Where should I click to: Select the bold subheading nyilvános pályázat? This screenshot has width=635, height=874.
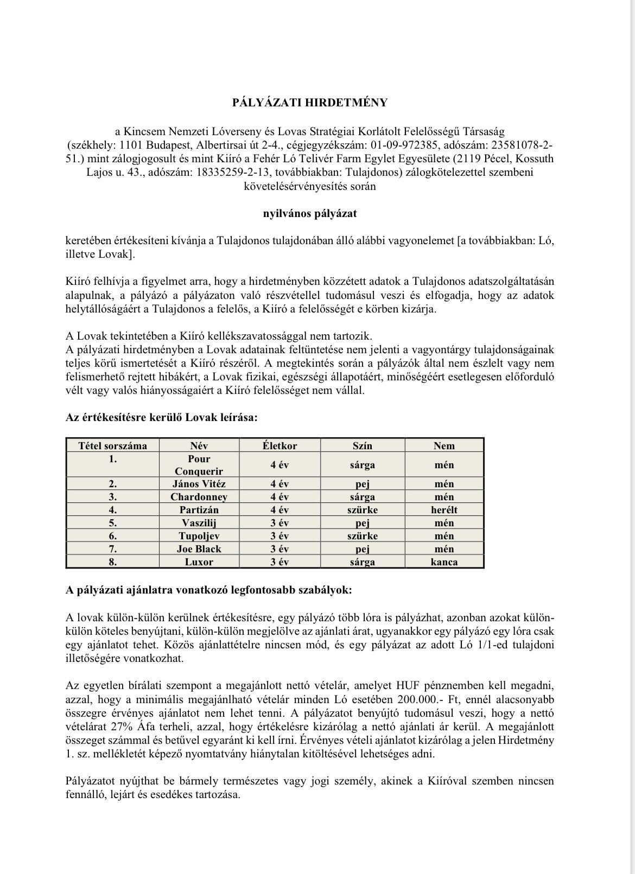click(310, 213)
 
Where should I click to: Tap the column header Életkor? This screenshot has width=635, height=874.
click(280, 446)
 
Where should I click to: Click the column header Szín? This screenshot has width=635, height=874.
click(362, 446)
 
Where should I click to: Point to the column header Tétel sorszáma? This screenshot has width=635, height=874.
click(113, 446)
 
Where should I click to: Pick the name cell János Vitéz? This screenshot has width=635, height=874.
click(199, 483)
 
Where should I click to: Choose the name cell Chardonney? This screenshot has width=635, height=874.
click(199, 497)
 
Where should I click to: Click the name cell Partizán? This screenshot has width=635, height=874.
click(199, 510)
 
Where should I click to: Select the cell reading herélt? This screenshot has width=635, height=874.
click(444, 510)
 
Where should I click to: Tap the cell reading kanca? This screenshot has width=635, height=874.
click(444, 562)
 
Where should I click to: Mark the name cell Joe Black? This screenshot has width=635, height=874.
click(199, 549)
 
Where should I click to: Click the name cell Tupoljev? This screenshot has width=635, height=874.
click(199, 536)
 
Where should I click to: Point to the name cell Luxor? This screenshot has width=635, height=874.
click(199, 562)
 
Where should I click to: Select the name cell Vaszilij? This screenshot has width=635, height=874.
click(199, 523)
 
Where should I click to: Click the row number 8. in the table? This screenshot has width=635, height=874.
click(113, 562)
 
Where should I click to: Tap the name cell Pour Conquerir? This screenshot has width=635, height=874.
click(199, 465)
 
